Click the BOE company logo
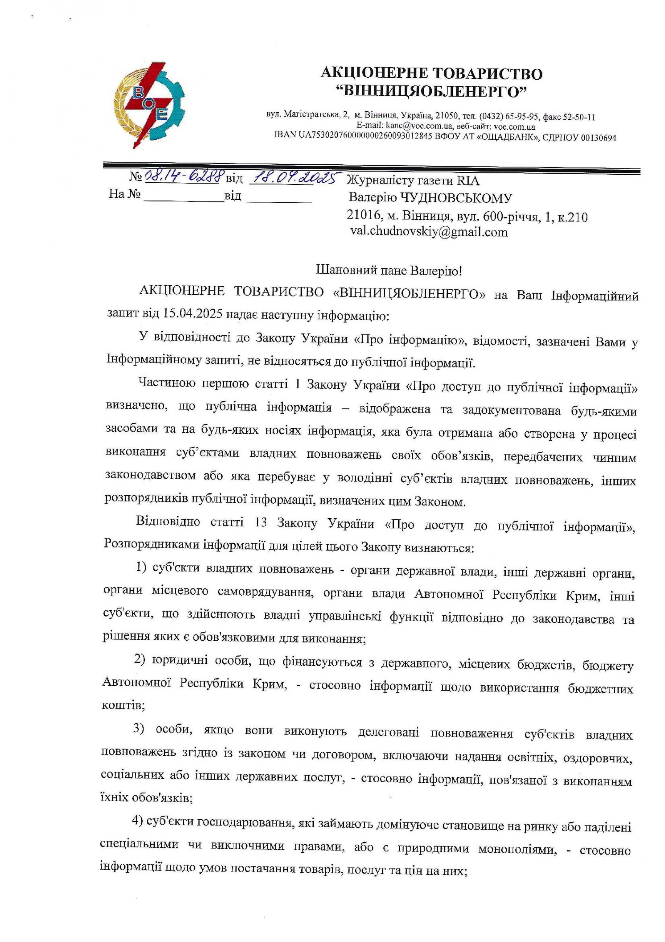tap(149, 107)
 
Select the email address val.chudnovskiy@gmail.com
tap(429, 232)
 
